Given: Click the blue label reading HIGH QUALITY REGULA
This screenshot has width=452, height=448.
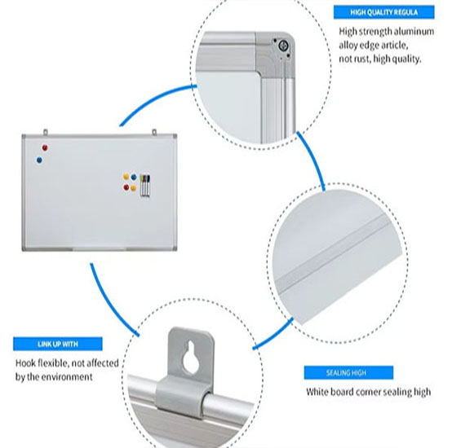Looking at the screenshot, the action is coord(383,12).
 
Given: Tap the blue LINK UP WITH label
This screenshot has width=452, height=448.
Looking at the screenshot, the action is coord(58,344).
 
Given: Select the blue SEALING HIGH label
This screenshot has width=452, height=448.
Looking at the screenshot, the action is coord(348,373).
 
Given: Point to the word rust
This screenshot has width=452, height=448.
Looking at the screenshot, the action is coord(361,59).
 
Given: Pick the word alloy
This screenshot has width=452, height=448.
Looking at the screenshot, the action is coord(348,46).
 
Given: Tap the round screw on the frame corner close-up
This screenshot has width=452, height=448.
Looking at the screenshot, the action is coord(282,46).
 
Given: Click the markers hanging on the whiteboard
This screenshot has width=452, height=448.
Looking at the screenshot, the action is coord(144,185).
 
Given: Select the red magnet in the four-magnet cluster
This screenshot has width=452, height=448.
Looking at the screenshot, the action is coord(126,187).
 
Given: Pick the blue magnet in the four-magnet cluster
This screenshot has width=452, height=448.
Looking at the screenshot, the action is coord(134,177).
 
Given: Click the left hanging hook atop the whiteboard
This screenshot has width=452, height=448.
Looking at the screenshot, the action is coord(45,132).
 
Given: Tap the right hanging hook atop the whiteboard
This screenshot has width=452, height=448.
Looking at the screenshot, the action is coord(154,132).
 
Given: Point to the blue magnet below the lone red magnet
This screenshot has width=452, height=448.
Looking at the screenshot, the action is coord(39,160).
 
